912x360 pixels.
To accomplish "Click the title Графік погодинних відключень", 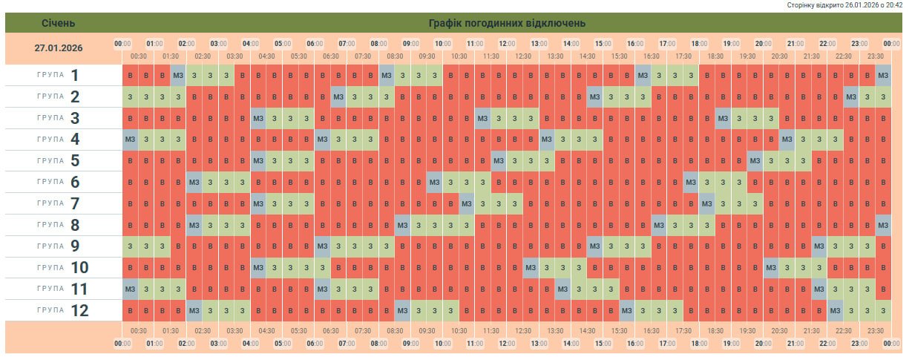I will click(507, 23).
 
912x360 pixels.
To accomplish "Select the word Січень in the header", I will click(58, 23).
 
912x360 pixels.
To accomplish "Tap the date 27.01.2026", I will click(59, 48).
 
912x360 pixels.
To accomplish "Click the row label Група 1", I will click(59, 75).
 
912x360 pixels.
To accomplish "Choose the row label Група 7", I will click(59, 203).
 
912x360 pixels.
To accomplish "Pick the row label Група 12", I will click(59, 310).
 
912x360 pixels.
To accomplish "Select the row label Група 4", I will click(59, 139).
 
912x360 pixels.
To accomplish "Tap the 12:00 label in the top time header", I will click(507, 44).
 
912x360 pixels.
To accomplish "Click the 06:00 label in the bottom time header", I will click(315, 344).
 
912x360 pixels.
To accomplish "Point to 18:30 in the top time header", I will click(715, 56).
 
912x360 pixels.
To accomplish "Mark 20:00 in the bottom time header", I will click(763, 344).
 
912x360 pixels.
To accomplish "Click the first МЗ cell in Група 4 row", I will click(130, 139).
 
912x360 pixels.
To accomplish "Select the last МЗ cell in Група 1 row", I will click(883, 75).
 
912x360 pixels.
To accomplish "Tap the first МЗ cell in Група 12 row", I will click(194, 310).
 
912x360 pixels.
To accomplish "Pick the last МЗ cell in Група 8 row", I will click(883, 225).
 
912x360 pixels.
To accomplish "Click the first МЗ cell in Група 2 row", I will click(338, 96).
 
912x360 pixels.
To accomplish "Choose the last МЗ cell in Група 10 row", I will click(771, 267).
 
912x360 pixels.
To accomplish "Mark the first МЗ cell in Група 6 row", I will click(194, 182).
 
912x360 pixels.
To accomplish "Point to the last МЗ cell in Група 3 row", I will click(723, 118).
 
